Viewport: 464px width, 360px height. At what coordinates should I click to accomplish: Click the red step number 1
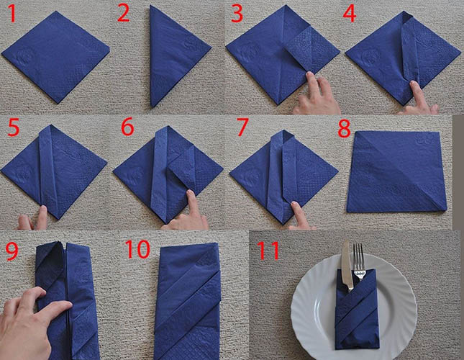tap(12, 14)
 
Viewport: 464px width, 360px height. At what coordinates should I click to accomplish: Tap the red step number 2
tap(124, 14)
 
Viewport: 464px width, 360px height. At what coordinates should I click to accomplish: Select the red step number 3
tap(237, 14)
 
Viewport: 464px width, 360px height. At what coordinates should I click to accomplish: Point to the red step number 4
tap(349, 14)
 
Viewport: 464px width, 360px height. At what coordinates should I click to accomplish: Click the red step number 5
tap(14, 128)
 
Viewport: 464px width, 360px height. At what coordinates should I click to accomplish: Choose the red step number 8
tap(344, 129)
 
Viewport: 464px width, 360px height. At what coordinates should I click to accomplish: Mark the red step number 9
tap(12, 251)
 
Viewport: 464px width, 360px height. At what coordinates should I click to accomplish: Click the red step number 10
tap(137, 249)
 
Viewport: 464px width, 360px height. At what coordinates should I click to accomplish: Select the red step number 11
tap(268, 251)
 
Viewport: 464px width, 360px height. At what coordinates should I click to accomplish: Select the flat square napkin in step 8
tap(396, 171)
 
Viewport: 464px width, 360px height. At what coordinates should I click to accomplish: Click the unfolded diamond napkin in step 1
tap(55, 57)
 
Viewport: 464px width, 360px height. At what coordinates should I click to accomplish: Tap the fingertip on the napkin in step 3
tap(310, 76)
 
